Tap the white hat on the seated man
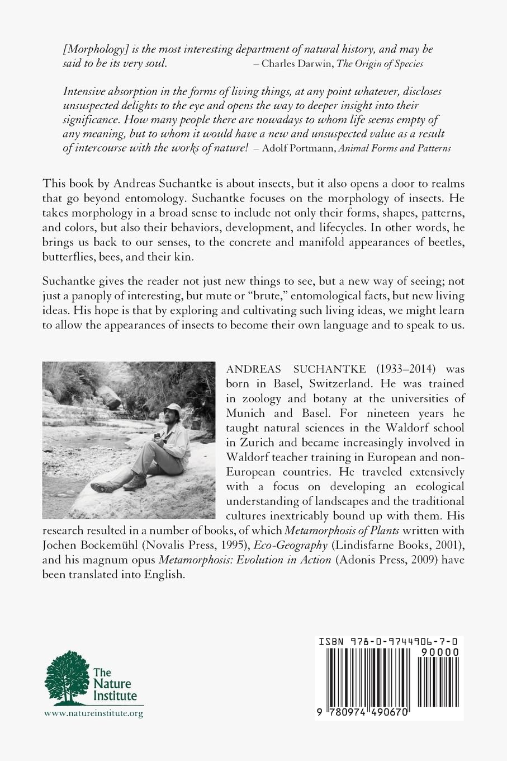[x=174, y=408]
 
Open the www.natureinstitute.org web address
[x=93, y=713]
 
